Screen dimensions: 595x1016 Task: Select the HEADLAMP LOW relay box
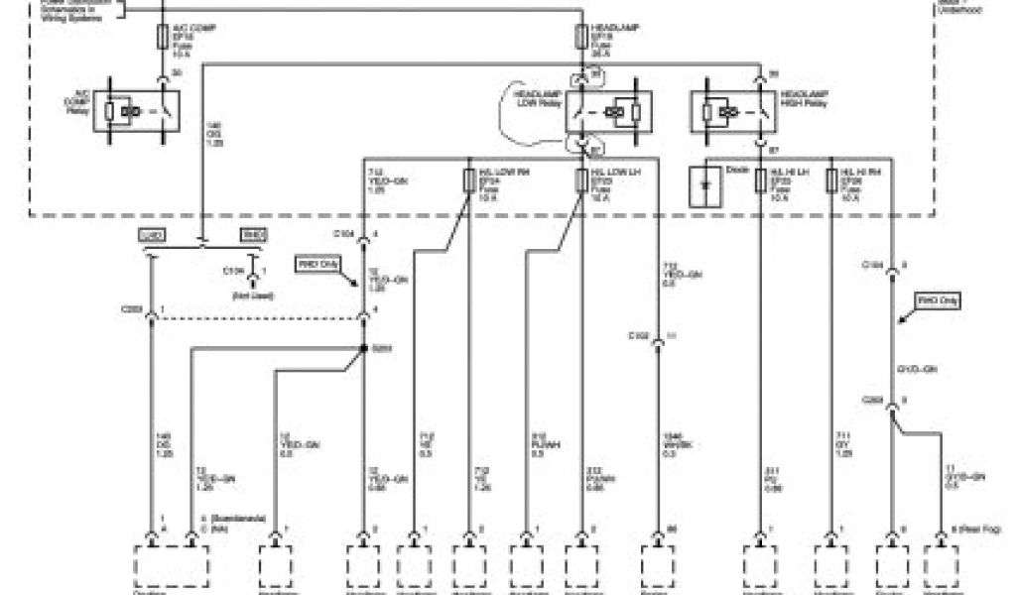[x=606, y=111]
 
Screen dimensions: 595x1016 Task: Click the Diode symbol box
[x=706, y=185]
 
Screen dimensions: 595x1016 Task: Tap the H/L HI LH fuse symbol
[x=759, y=181]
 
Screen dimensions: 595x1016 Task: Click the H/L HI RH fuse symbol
[x=831, y=181]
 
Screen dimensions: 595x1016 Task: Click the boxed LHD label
[x=151, y=235]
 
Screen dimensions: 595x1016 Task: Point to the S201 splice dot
[x=364, y=348]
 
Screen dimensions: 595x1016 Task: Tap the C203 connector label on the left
[x=131, y=311]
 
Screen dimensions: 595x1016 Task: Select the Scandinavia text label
[x=230, y=518]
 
